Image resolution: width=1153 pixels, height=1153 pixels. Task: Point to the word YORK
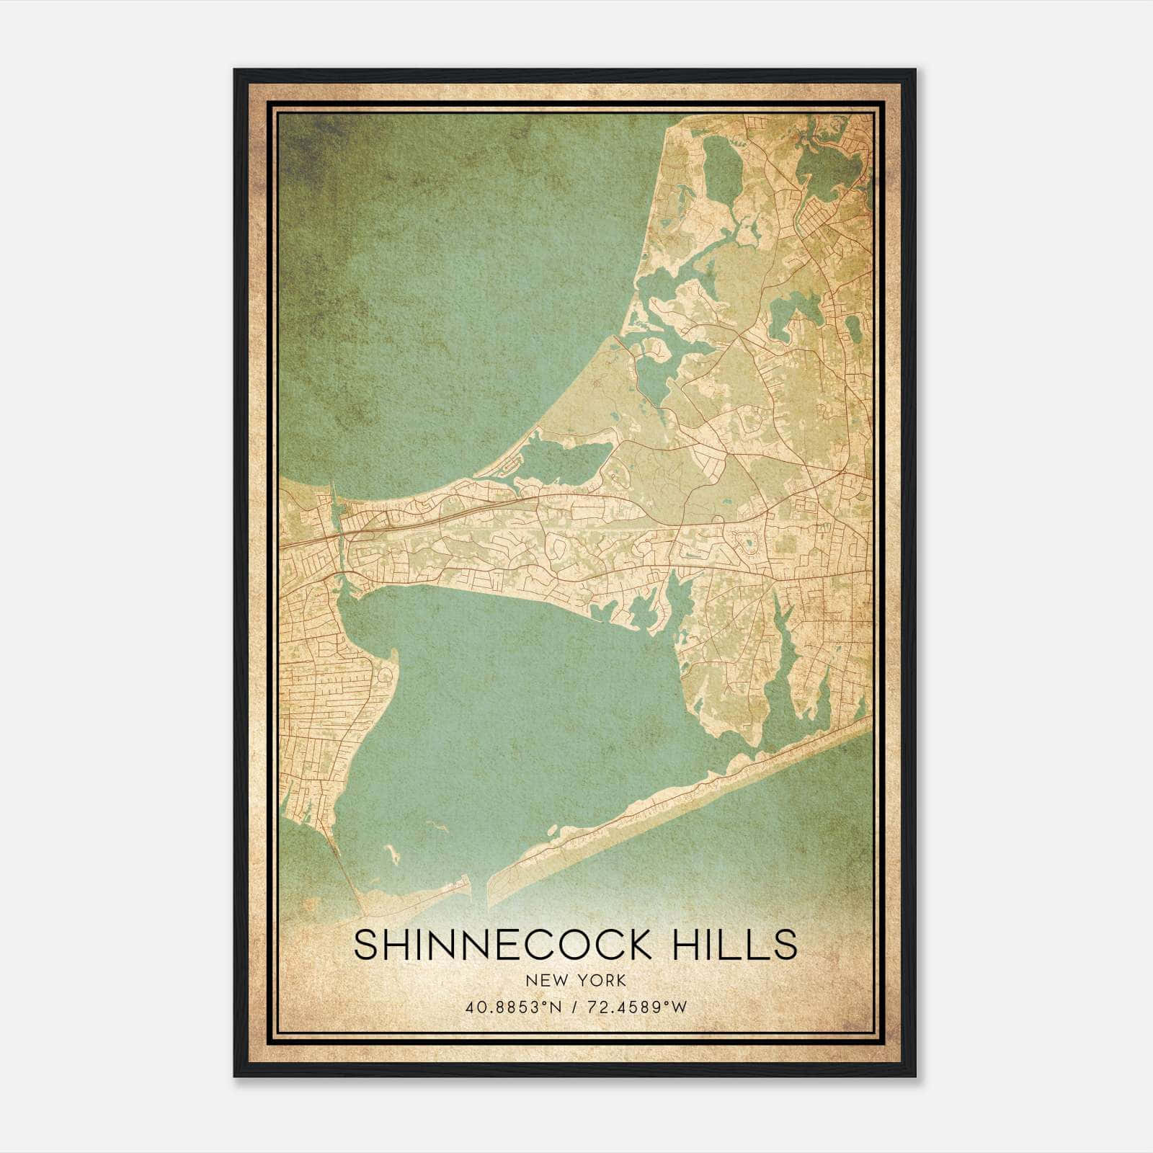point(599,981)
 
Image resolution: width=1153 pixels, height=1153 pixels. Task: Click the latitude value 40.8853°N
point(513,1007)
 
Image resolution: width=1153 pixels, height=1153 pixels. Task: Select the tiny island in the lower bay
point(393,855)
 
